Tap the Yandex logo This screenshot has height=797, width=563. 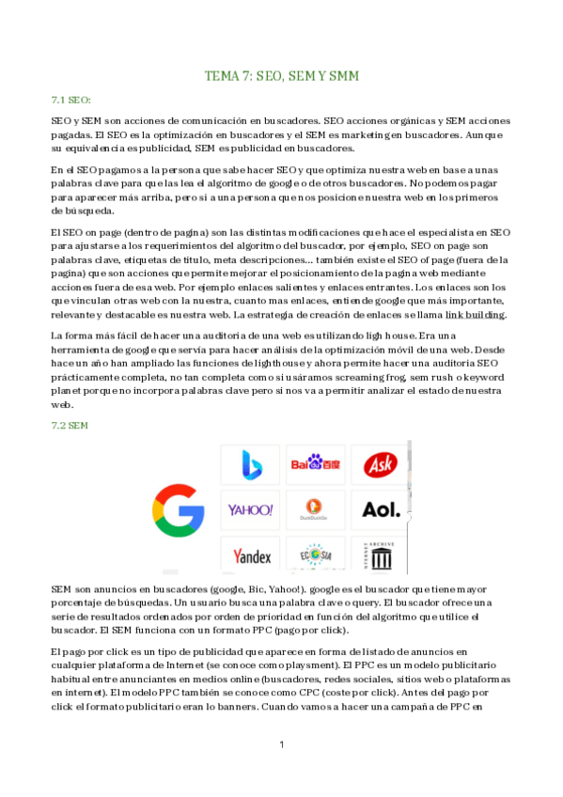251,555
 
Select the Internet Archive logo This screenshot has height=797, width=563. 381,555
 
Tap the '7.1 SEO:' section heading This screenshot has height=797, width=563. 70,99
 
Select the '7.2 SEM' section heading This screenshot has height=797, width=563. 70,426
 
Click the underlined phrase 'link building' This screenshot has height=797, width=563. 474,314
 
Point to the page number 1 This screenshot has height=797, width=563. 282,745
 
